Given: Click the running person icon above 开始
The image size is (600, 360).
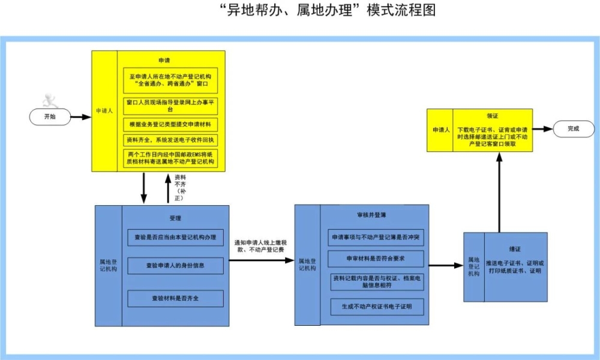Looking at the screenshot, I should pyautogui.click(x=47, y=101).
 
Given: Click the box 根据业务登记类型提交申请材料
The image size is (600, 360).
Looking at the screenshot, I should pyautogui.click(x=171, y=125).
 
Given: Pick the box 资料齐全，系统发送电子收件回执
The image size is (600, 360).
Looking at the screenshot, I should pyautogui.click(x=171, y=140).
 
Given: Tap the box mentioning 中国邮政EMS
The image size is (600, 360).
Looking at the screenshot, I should pyautogui.click(x=171, y=158).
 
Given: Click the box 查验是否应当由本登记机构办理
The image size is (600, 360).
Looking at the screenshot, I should pyautogui.click(x=175, y=237).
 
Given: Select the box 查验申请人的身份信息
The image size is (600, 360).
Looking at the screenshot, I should pyautogui.click(x=175, y=265).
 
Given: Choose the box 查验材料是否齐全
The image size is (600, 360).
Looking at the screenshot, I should pyautogui.click(x=175, y=298).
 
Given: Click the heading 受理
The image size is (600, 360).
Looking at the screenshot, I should pyautogui.click(x=175, y=218).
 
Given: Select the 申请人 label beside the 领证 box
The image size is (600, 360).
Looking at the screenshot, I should pyautogui.click(x=439, y=129).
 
